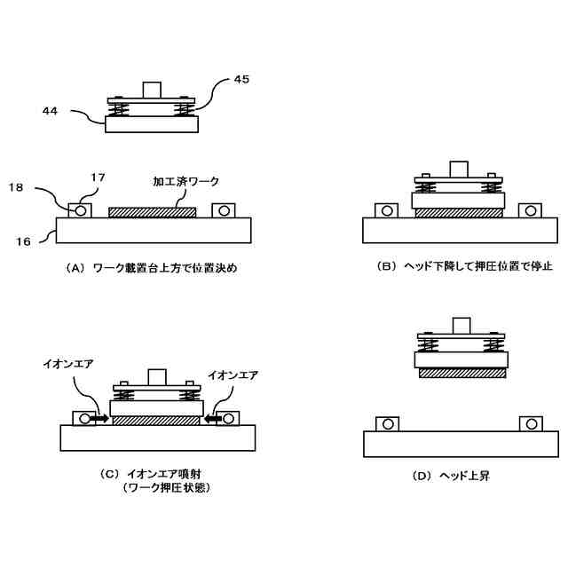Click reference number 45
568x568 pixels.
pos(241,79)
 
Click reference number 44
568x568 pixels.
pos(51,111)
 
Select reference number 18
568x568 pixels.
pos(17,187)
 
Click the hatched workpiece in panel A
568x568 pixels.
pos(152,213)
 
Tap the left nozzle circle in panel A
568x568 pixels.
pos(81,211)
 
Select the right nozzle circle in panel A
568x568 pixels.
pos(222,211)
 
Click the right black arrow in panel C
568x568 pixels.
pos(209,416)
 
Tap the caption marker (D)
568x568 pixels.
pos(422,477)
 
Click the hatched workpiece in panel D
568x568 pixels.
pos(462,374)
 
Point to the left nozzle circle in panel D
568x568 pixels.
pos(387,424)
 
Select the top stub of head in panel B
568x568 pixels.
pos(459,169)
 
